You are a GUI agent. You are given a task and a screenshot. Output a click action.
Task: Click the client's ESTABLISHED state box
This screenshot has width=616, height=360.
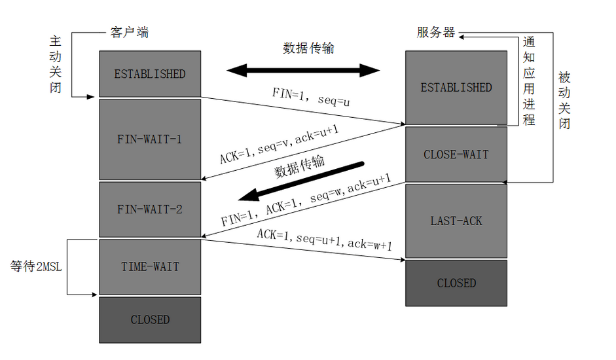150,74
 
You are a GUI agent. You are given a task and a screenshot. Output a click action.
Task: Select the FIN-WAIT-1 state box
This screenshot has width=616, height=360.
150,139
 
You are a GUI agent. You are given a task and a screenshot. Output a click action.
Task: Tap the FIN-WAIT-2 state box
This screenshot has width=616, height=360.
150,209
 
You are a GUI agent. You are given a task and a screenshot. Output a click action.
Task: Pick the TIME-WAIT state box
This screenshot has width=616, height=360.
150,267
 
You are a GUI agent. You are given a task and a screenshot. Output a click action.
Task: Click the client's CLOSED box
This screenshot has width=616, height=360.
150,320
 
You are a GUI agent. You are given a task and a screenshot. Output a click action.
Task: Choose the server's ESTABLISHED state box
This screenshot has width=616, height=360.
456,88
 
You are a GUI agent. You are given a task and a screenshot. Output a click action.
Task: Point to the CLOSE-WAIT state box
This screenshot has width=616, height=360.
456,155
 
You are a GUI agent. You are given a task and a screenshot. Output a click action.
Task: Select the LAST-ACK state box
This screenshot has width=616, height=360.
456,221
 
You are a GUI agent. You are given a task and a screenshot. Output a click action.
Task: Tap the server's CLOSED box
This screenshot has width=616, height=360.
456,283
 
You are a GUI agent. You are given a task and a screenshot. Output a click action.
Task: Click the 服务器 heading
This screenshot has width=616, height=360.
435,33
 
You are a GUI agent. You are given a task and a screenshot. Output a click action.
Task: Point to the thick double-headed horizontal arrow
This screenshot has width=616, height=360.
304,69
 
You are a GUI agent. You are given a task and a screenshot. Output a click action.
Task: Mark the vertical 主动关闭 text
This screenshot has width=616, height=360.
56,64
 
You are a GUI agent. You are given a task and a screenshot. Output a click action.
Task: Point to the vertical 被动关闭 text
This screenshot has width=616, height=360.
564,99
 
